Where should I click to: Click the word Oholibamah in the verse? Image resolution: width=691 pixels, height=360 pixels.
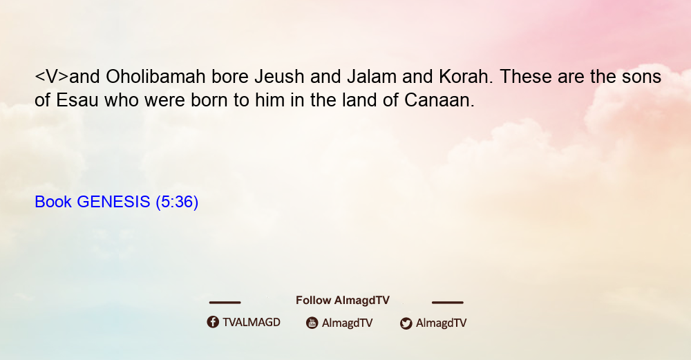(155, 77)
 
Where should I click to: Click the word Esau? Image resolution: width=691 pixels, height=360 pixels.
(77, 100)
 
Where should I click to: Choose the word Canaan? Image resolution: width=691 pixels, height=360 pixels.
(439, 100)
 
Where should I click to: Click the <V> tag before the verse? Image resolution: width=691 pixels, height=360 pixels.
(52, 77)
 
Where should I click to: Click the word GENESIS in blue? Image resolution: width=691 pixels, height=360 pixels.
(114, 202)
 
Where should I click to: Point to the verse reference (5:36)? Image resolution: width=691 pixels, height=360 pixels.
(177, 202)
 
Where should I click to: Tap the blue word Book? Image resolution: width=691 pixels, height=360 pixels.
(53, 202)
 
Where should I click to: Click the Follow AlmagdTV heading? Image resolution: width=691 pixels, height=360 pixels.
(343, 301)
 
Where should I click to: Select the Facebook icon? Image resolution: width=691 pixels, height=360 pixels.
(213, 322)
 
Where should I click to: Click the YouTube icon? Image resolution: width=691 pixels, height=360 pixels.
(312, 323)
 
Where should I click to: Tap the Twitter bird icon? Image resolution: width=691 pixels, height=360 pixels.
(406, 323)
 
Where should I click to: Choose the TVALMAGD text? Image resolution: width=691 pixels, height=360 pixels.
(252, 323)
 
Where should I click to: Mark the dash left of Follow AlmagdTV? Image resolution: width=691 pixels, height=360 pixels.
(225, 303)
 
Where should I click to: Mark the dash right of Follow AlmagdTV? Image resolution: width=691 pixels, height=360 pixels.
(448, 303)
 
